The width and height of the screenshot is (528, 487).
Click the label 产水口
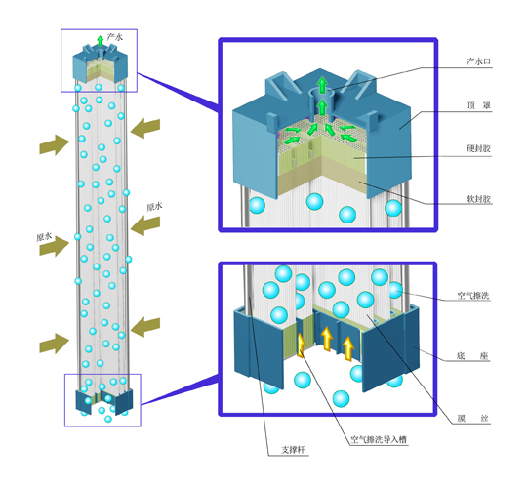[x=478, y=61]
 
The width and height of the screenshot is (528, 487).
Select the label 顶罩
[x=478, y=105]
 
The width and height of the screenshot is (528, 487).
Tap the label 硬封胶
[x=478, y=148]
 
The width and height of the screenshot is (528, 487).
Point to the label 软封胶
[x=478, y=199]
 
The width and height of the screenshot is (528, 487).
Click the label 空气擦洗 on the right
[x=473, y=296]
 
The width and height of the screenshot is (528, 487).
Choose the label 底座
[x=472, y=356]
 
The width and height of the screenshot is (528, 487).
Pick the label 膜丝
[x=472, y=419]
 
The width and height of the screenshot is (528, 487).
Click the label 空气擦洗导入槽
[x=379, y=440]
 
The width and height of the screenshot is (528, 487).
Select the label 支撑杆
[x=294, y=450]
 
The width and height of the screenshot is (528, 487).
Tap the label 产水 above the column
[x=115, y=37]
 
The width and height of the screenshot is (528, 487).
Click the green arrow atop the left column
[x=100, y=41]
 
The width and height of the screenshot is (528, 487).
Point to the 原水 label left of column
[x=44, y=237]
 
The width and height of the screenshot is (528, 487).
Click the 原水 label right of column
[x=154, y=207]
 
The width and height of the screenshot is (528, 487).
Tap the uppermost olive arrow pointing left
[x=145, y=128]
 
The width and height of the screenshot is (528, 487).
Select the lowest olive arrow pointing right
[x=55, y=344]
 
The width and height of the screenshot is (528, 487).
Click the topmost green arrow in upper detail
[x=323, y=86]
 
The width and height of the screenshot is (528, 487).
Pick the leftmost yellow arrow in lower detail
[x=301, y=345]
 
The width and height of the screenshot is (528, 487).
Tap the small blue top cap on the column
[x=101, y=65]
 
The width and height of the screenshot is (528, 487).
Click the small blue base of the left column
[x=104, y=401]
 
